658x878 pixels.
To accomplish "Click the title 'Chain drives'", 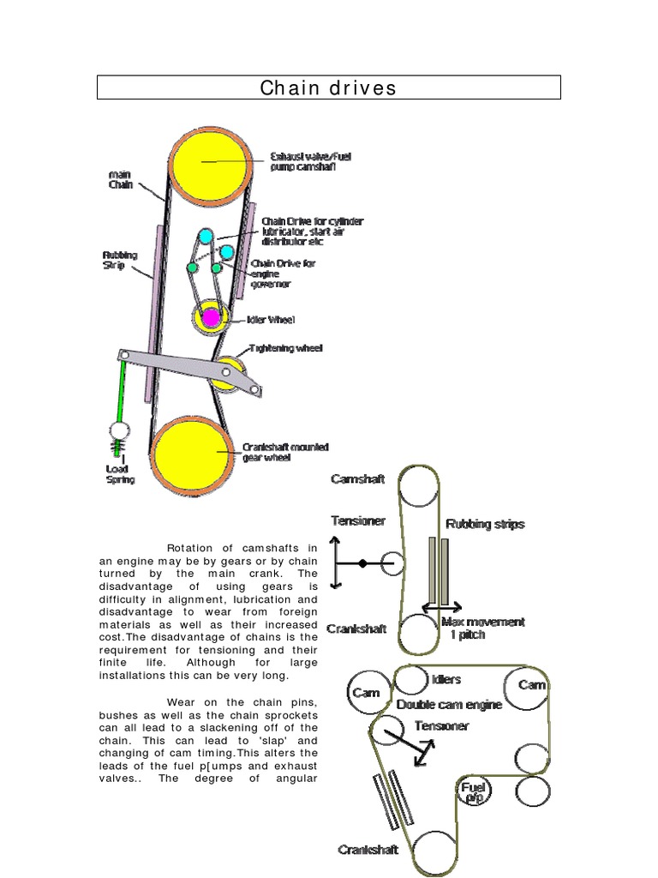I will [x=328, y=88].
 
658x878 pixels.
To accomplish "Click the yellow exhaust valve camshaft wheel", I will [x=200, y=162].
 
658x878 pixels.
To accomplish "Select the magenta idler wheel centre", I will [x=209, y=318].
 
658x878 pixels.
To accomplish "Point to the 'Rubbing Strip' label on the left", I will [x=117, y=259].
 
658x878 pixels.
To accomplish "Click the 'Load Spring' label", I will [x=120, y=474].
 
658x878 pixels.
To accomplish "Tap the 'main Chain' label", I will [x=121, y=179].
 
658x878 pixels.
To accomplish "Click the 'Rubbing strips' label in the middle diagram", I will [x=485, y=524].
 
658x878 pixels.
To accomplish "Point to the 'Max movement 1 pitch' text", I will [x=482, y=628].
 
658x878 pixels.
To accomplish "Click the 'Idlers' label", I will [x=446, y=680].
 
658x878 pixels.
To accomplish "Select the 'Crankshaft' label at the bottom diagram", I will [x=368, y=851].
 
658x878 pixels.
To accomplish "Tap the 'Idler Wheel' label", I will [x=271, y=320].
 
